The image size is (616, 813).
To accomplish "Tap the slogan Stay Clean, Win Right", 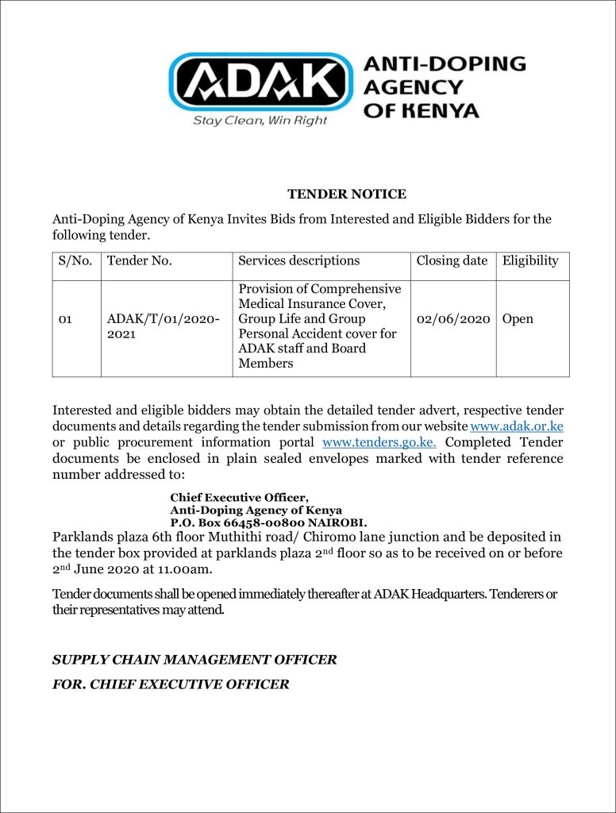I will click(x=260, y=121).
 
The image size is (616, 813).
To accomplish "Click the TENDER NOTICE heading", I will click(x=347, y=195).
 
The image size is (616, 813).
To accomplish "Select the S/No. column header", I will click(x=76, y=261).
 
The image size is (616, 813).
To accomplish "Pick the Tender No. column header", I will click(x=140, y=261).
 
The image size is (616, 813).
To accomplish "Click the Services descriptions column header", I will click(x=299, y=261).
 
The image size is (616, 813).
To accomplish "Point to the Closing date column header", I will click(x=452, y=261).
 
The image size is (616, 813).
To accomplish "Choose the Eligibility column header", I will click(x=530, y=261).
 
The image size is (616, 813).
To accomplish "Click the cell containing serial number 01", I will click(x=66, y=320).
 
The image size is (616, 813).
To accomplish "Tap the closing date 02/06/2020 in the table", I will click(x=452, y=319).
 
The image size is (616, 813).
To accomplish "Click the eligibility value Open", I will click(x=518, y=319).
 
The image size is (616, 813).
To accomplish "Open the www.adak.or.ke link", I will click(x=517, y=426).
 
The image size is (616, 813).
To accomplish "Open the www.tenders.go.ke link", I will click(x=379, y=442).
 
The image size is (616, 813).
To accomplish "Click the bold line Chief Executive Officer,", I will click(x=239, y=498).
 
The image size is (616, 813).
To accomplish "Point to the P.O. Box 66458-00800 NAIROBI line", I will click(x=268, y=523).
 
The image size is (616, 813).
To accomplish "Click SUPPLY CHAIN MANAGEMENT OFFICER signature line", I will click(x=194, y=660).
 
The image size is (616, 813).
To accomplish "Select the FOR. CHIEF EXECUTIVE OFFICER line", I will click(x=171, y=684).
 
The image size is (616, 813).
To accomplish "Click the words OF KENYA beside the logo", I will click(x=421, y=110).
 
